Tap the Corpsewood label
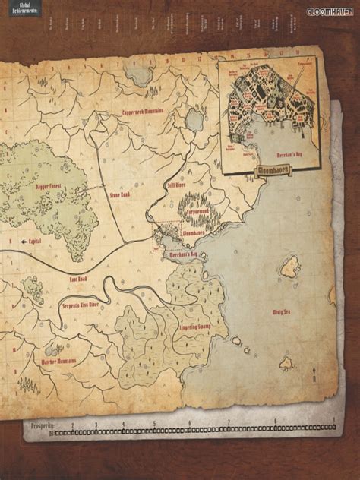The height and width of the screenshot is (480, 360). pyautogui.click(x=196, y=207)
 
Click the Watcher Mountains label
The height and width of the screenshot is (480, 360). pyautogui.click(x=58, y=361)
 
